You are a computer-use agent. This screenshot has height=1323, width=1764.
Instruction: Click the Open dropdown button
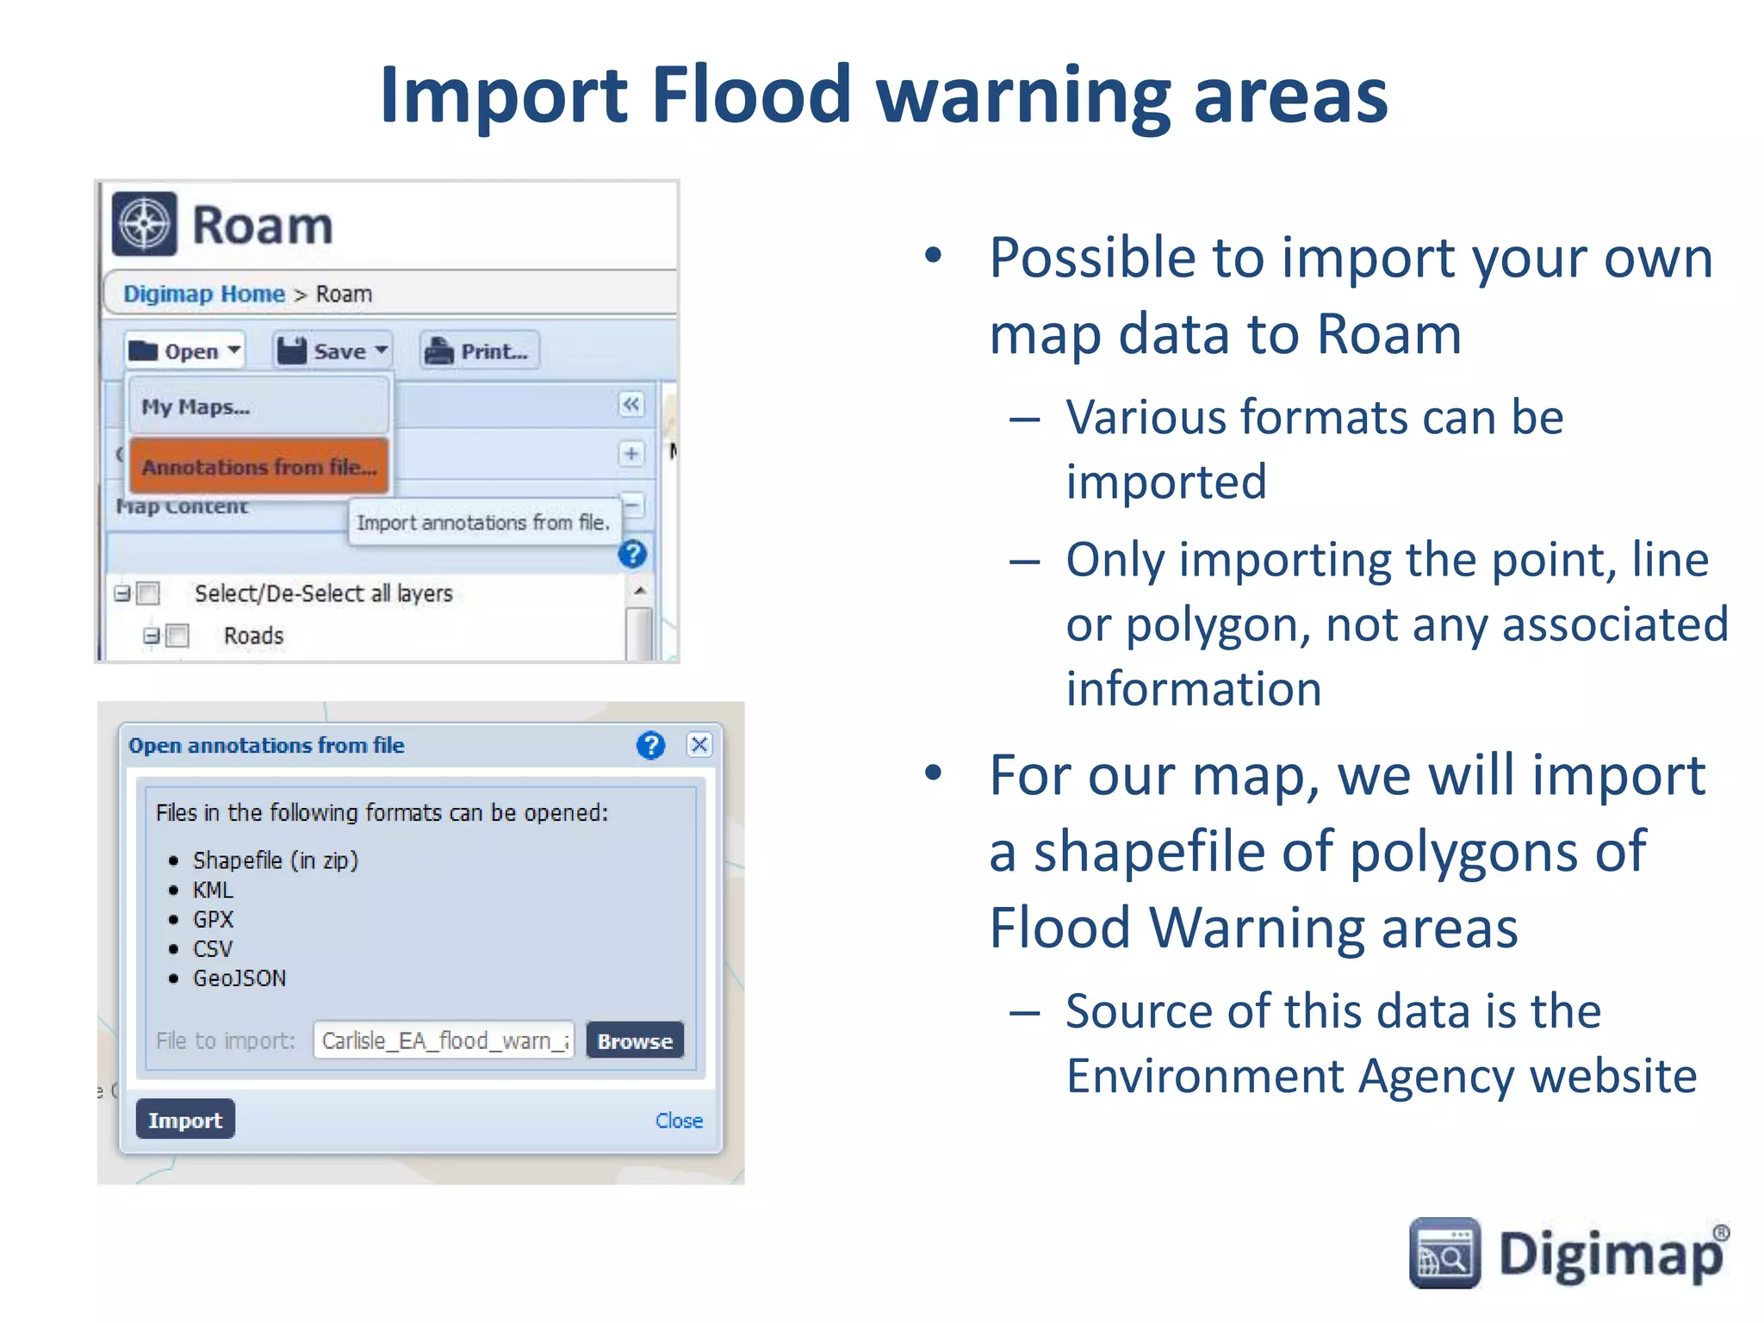point(184,351)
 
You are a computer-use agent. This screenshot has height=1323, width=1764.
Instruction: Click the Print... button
point(480,351)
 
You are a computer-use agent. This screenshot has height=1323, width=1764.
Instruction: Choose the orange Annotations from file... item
point(258,467)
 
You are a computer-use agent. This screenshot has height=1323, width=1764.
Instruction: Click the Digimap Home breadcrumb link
point(203,294)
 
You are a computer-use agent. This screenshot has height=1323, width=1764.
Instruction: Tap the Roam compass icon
point(145,225)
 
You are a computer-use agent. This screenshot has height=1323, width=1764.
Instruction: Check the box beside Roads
point(178,636)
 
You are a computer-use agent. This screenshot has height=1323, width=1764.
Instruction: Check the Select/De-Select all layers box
point(149,593)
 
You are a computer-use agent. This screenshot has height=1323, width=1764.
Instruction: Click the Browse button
point(635,1040)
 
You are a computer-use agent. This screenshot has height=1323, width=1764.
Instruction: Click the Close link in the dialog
point(679,1121)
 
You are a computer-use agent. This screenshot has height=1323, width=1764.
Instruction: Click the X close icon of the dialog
point(699,745)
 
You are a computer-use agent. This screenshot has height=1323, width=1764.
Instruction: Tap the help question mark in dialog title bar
point(651,745)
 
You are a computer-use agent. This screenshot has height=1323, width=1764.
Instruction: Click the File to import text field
point(444,1040)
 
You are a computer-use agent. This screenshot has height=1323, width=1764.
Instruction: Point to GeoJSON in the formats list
point(239,978)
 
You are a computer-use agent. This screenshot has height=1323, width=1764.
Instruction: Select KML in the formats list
point(213,890)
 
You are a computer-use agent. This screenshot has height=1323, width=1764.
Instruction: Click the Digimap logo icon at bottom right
point(1444,1253)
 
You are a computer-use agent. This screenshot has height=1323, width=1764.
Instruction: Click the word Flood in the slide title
point(752,95)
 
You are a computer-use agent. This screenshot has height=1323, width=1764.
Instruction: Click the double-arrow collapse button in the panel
point(631,405)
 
